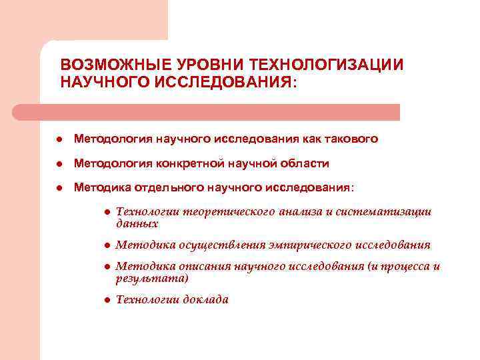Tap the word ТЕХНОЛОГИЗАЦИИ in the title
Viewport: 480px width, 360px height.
326,65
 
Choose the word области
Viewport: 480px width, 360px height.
306,163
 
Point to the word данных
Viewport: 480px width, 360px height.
137,224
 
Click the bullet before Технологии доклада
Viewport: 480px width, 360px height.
106,300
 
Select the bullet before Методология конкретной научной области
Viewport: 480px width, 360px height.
59,164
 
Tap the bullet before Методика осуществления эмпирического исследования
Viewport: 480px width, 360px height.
106,245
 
